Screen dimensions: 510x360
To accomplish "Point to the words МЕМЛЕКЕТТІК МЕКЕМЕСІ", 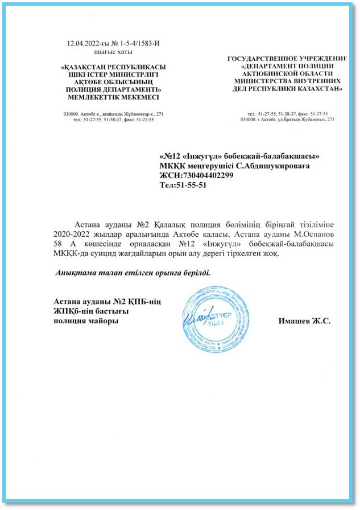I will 111,97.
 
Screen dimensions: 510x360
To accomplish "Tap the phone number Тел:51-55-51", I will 183,186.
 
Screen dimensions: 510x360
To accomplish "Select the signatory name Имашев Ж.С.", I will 304,322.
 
